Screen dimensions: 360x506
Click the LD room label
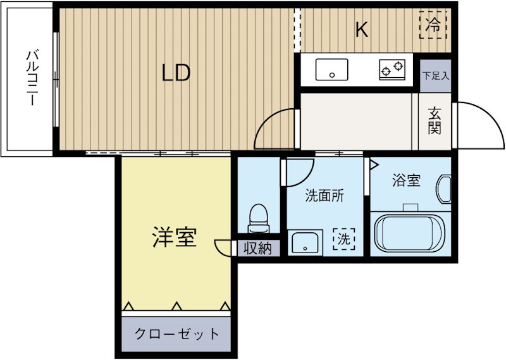tap(176, 73)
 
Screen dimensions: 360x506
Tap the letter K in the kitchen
tap(361, 30)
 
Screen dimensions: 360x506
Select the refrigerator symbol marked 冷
tap(433, 26)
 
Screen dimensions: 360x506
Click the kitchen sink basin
tap(332, 70)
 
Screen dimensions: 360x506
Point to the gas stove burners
tap(392, 69)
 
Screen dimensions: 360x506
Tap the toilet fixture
tap(258, 218)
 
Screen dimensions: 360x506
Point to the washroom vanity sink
tap(306, 243)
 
